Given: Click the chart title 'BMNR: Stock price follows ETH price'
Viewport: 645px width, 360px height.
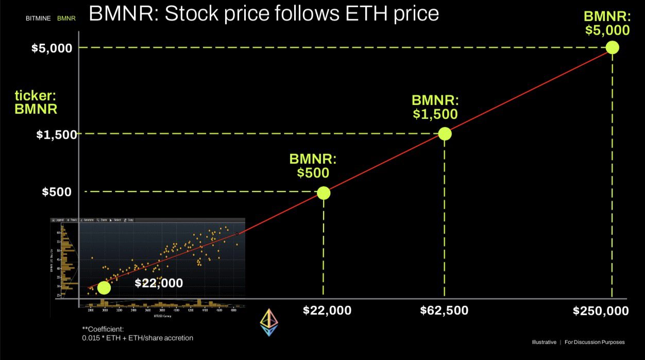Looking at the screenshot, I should [264, 14].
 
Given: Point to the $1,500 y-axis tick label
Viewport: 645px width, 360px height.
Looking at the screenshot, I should [57, 134].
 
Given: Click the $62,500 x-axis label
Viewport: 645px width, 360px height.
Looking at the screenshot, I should [444, 311].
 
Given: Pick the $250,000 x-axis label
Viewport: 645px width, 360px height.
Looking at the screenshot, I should [601, 311].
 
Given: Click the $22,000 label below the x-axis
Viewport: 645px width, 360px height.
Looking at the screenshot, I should [327, 311].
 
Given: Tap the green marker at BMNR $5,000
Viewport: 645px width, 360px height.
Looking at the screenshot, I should [612, 47].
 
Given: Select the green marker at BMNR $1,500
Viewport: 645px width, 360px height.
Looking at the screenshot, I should [445, 134].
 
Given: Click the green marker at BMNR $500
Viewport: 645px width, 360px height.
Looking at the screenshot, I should [324, 193].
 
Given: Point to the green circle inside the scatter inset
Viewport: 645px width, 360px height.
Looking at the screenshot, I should [104, 287].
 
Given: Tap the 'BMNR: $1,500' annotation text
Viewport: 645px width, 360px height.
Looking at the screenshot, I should [435, 107].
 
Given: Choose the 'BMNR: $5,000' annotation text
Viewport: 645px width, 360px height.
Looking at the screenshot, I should [607, 23].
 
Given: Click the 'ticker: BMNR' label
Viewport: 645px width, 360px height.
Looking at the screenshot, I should [36, 102].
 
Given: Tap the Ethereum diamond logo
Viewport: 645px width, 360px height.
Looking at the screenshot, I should [268, 323].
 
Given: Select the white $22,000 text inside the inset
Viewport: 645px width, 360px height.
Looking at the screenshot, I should [159, 283].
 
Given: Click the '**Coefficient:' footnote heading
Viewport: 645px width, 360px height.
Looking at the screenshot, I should [103, 329].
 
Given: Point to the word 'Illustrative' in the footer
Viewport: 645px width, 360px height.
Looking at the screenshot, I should [544, 342].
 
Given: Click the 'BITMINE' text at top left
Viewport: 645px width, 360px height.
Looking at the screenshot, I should [38, 19].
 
